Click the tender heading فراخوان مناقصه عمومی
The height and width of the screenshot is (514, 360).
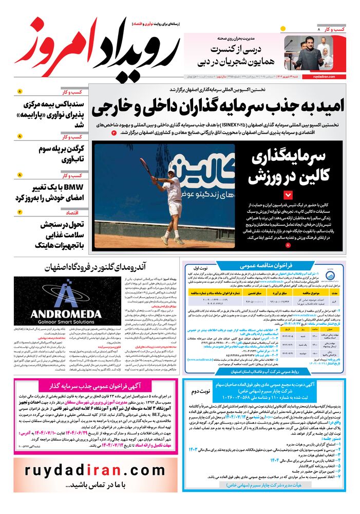pos(267,266)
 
